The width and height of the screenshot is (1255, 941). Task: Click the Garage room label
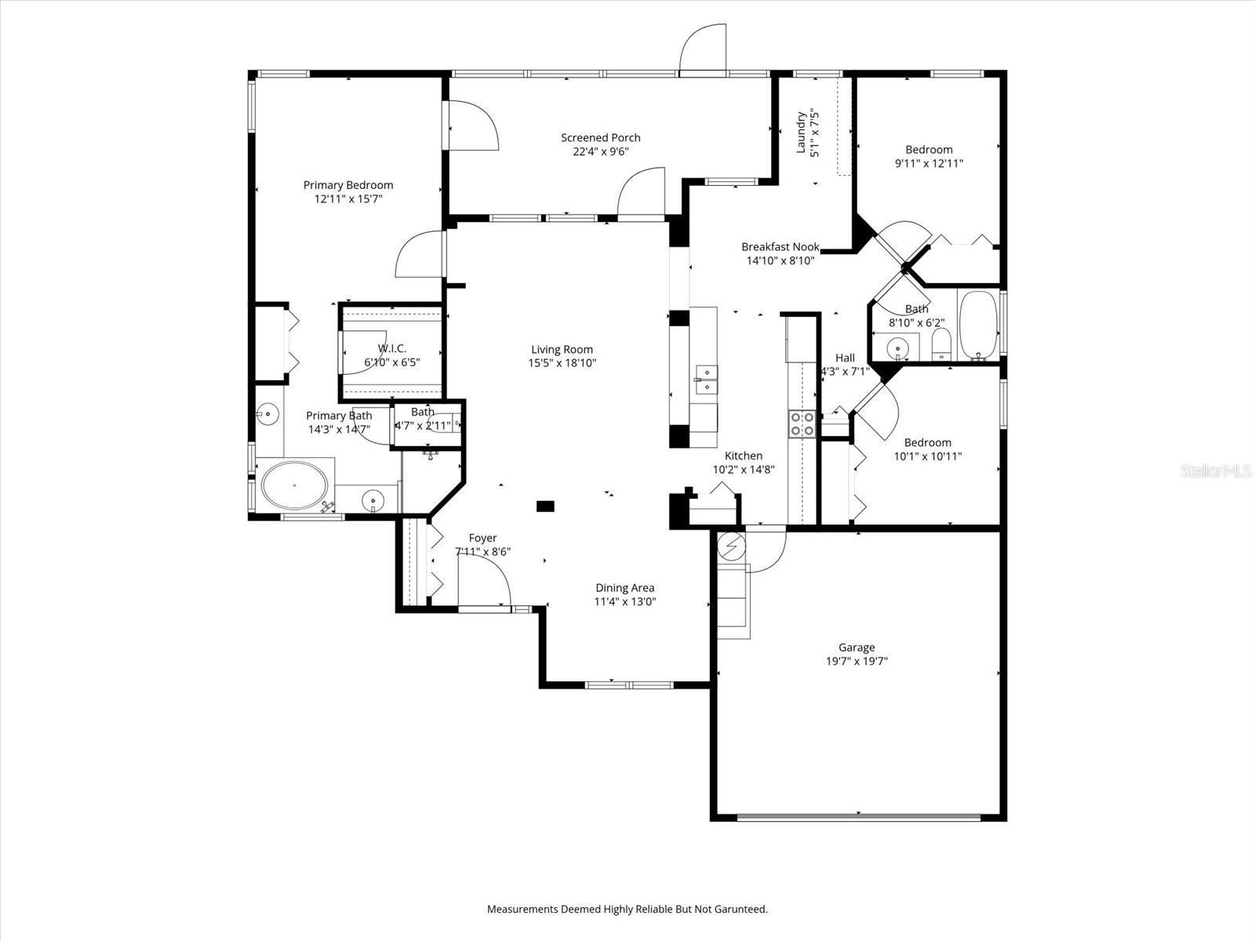coord(856,647)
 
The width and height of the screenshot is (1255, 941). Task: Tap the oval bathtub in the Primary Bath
coord(294,485)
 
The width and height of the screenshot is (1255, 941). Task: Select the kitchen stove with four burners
coord(802,423)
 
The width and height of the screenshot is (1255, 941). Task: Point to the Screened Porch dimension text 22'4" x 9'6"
coord(600,152)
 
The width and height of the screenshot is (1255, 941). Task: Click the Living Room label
coord(562,350)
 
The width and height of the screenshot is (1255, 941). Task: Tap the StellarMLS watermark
coord(1217,470)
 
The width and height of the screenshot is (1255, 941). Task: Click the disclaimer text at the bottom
coord(627,910)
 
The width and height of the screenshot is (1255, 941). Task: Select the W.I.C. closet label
coord(392,348)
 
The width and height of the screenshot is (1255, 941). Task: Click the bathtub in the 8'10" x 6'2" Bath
coord(977,325)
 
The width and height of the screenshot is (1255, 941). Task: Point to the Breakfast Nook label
coord(780,247)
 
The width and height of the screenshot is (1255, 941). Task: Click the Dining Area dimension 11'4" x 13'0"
coord(624,602)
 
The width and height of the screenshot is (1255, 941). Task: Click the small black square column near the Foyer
coord(545,507)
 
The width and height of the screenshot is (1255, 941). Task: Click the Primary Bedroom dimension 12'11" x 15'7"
coord(348,199)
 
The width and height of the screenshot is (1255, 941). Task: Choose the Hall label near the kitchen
coord(845,358)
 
